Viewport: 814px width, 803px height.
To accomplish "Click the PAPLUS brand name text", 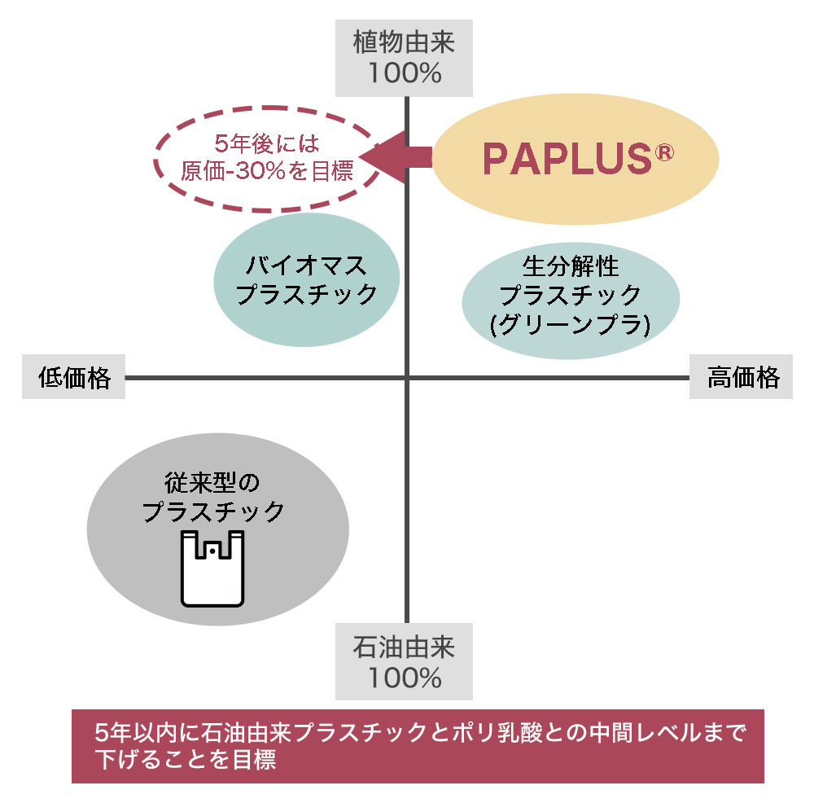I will [565, 159].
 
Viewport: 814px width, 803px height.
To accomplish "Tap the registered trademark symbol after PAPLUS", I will [664, 152].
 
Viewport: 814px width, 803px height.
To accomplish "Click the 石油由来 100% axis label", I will [405, 661].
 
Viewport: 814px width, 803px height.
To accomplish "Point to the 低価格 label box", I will [74, 377].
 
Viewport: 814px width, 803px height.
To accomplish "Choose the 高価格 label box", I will [742, 377].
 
